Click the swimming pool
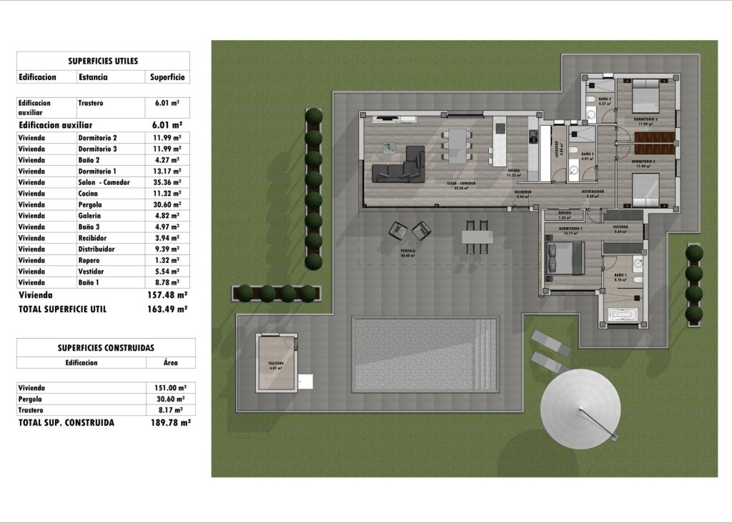[x=425, y=354]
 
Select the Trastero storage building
[x=277, y=364]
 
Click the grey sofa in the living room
[x=399, y=166]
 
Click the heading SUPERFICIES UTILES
[x=103, y=61]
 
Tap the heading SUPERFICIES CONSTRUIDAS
[x=106, y=348]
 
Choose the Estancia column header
[x=93, y=77]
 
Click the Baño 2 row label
[x=89, y=160]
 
